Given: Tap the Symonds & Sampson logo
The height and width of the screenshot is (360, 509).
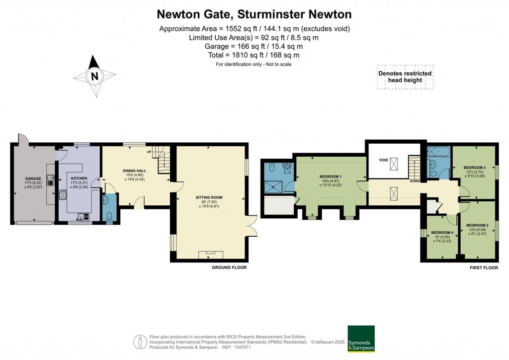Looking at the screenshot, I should click(360, 339).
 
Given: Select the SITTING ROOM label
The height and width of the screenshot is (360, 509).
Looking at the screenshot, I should click(209, 197).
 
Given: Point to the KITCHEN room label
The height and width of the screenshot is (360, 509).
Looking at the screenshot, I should click(79, 178).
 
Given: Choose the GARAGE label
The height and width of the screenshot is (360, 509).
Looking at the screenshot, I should click(33, 178).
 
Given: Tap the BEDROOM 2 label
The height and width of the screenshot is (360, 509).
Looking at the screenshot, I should click(477, 225).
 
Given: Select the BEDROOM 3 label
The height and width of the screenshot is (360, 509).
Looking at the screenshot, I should click(474, 168).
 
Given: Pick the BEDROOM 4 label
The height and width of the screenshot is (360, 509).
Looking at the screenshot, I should click(441, 233).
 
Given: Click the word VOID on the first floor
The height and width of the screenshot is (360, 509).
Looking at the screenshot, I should click(383, 161).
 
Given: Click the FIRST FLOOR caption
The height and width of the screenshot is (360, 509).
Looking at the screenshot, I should click(484, 268).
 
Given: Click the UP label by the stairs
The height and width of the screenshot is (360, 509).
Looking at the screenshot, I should click(149, 151).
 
